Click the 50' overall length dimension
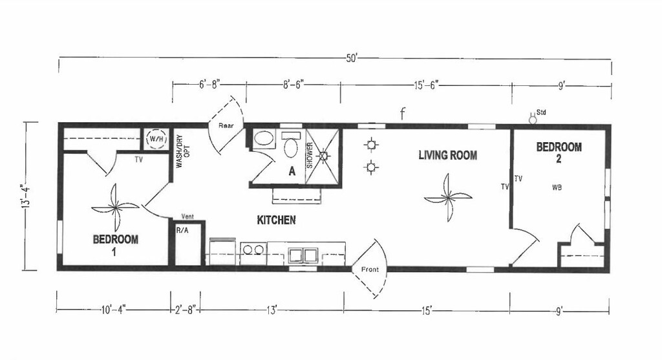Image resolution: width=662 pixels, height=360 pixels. point(351,58)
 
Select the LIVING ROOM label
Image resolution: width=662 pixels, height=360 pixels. point(447,155)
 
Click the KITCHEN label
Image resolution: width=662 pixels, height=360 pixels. point(276,220)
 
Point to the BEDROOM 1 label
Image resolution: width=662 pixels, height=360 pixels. point(115,245)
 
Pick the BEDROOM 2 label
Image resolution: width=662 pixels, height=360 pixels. point(559,153)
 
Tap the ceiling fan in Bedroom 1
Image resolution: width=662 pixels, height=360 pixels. point(116,207)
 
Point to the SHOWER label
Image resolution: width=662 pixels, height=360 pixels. point(310,156)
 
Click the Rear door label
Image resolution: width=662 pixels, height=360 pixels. point(225,126)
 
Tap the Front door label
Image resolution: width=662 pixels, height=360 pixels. point(370,270)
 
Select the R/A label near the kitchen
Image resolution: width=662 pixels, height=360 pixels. point(182,229)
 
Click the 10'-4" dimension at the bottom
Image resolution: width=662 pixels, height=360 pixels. point(112,311)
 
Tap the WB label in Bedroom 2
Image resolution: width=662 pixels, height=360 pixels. point(557,187)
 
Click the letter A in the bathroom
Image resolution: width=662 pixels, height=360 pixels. point(292,171)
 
